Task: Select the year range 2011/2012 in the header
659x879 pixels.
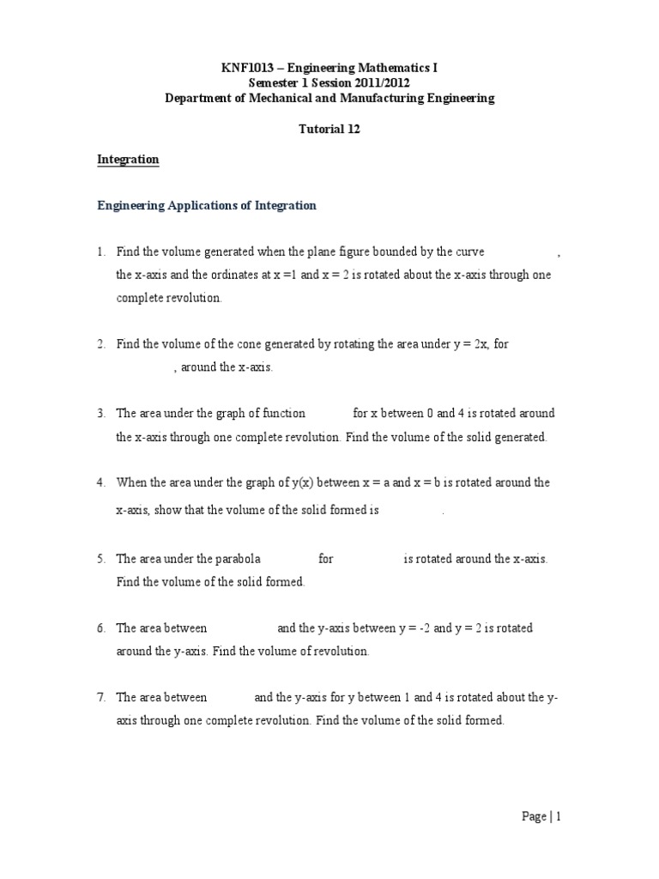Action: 378,82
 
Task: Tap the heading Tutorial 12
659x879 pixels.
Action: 329,129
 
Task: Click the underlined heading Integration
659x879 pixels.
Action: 128,160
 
